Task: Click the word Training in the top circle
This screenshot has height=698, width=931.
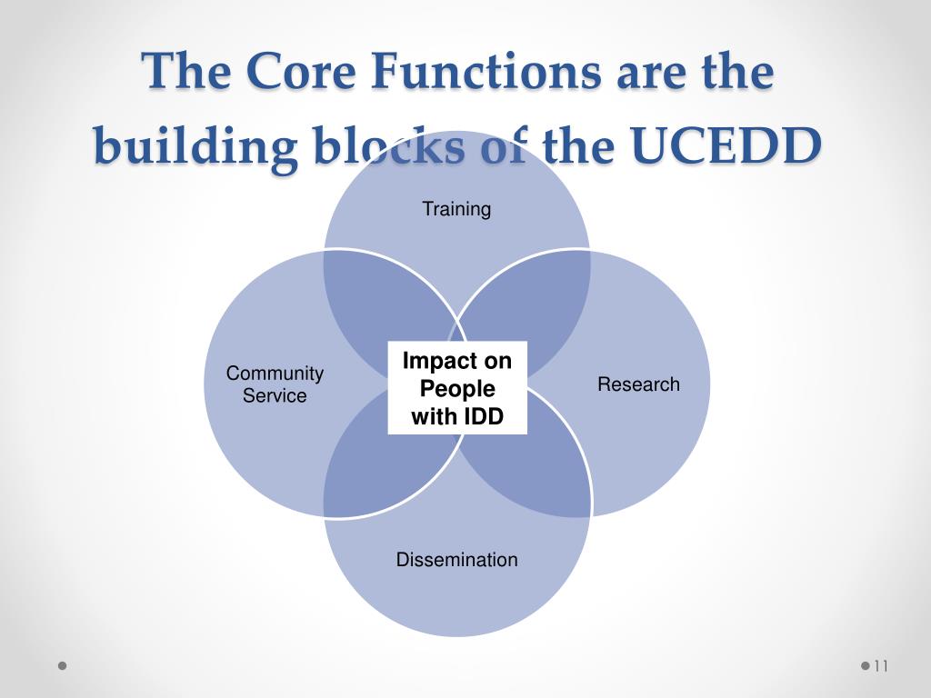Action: click(456, 209)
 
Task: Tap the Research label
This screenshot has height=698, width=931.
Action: click(638, 384)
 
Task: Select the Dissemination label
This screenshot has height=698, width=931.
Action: click(456, 560)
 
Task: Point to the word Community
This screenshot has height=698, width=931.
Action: click(275, 373)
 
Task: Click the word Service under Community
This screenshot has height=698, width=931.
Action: click(275, 396)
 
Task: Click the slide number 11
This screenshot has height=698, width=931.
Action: click(879, 666)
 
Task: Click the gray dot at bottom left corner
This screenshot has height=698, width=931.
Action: click(63, 666)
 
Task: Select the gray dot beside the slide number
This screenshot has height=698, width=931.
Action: click(865, 666)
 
